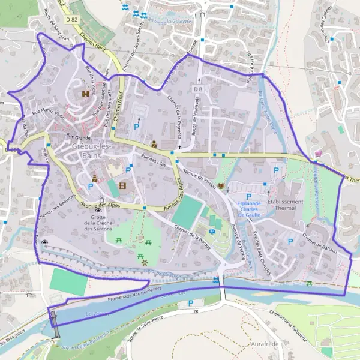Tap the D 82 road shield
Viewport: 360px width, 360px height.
click(x=73, y=19)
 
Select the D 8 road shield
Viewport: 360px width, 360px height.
click(x=197, y=89)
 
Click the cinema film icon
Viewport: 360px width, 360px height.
click(x=123, y=186)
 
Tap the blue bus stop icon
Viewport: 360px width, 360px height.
click(x=212, y=232)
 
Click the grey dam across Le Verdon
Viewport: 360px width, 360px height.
click(x=54, y=323)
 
